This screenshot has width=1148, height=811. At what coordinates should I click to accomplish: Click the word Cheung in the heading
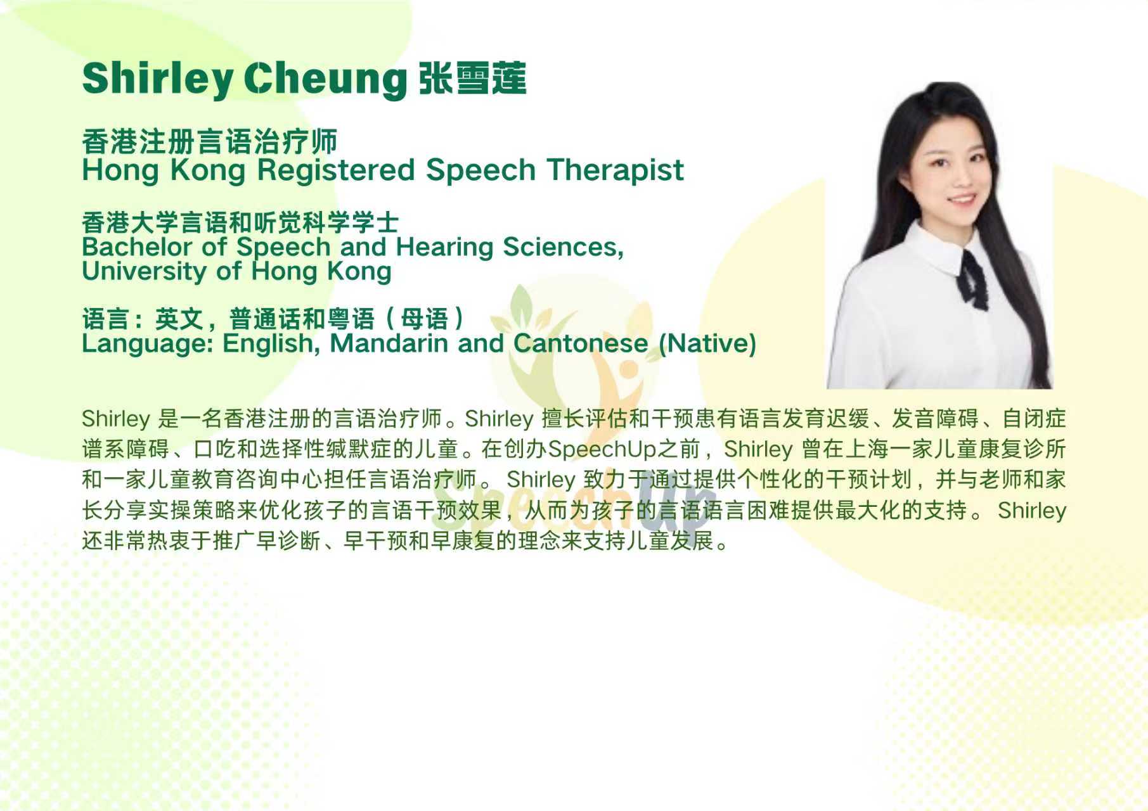(x=325, y=79)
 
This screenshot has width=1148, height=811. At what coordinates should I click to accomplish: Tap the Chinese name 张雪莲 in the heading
(x=472, y=79)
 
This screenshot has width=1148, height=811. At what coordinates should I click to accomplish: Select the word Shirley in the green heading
(x=158, y=79)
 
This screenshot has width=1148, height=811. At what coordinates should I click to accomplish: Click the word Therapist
(x=615, y=170)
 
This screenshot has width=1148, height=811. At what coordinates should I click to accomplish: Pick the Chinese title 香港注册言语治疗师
(x=209, y=141)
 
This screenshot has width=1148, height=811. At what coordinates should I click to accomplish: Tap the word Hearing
(x=444, y=248)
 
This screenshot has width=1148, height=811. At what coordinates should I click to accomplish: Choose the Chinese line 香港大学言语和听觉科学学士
(x=240, y=222)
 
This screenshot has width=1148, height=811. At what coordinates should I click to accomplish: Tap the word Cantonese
(x=581, y=343)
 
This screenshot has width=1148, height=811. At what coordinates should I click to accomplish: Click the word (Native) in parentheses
(x=707, y=343)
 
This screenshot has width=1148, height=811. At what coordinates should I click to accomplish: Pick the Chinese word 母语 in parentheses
(x=425, y=319)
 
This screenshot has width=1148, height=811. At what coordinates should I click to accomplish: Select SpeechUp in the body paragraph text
(x=602, y=449)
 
